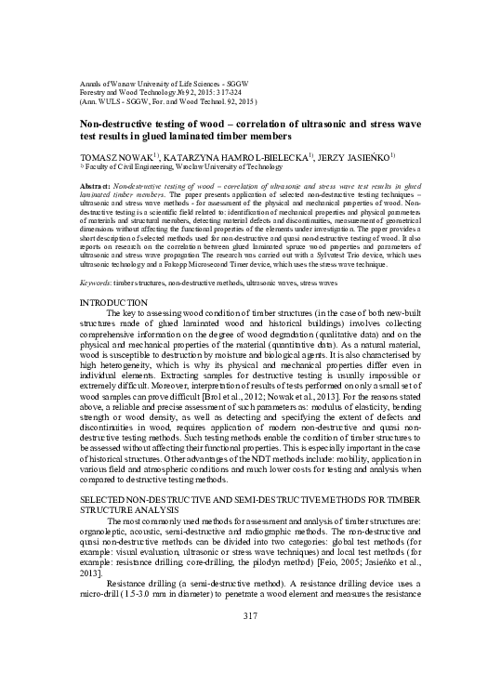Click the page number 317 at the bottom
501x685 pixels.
(x=249, y=643)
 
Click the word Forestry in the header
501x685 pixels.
(x=97, y=91)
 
